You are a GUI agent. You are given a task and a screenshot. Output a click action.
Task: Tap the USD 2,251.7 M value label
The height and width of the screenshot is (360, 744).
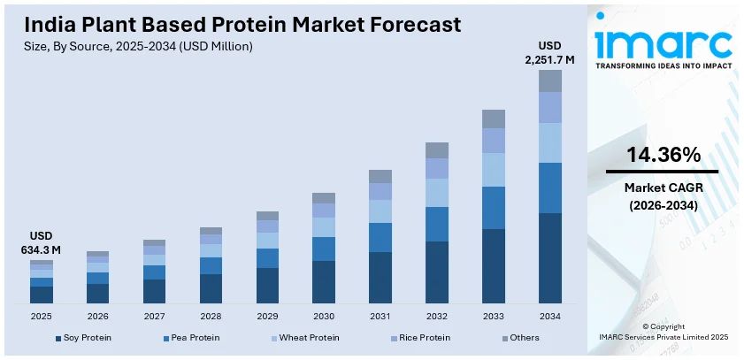(x=549, y=53)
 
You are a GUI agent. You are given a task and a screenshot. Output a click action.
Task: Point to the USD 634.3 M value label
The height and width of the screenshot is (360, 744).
(x=42, y=243)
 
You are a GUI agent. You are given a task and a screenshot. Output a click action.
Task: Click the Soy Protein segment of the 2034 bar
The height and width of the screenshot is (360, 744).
(x=550, y=258)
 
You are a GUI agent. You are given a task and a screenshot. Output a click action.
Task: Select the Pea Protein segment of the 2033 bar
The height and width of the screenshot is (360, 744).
(x=494, y=208)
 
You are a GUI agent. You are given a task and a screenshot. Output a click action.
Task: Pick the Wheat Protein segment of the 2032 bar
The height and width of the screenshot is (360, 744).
(x=437, y=193)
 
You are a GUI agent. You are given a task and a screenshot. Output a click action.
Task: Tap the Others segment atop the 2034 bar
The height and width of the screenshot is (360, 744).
(x=550, y=80)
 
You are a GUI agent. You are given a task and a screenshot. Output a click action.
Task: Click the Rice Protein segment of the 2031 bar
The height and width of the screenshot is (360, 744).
(x=380, y=191)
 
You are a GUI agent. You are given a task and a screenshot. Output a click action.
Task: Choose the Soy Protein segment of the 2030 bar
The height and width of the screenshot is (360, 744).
(x=324, y=282)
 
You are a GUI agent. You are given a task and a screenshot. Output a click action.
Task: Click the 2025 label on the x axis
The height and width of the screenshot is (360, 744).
(x=42, y=316)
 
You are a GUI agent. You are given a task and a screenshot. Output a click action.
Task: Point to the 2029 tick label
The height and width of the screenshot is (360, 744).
(x=267, y=316)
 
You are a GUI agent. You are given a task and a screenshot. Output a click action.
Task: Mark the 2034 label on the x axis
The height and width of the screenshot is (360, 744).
(x=550, y=316)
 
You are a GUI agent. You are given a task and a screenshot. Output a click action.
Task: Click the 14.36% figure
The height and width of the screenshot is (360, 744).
(x=663, y=155)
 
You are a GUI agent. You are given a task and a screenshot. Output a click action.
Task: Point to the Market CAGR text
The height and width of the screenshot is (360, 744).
(x=663, y=188)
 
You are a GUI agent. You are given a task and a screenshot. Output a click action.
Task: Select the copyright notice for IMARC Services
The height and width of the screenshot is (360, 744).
(x=663, y=332)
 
